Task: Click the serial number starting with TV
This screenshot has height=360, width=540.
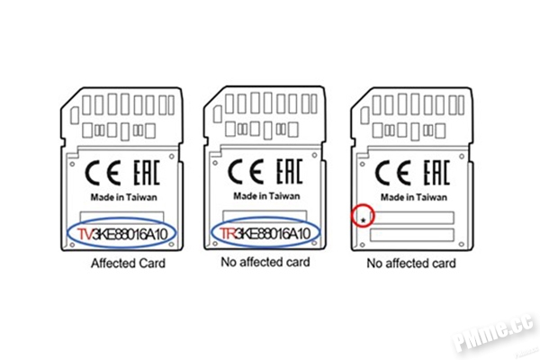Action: coord(122,234)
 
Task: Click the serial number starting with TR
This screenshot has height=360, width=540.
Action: coord(265,234)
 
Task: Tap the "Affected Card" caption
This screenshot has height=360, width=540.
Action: coord(128,264)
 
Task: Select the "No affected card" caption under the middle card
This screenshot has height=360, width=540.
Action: coord(265,262)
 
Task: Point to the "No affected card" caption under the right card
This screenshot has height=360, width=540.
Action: coord(411,264)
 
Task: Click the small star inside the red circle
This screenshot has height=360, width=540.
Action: coord(364,220)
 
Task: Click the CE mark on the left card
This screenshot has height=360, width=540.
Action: coord(103,173)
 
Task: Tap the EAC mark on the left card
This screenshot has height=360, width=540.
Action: coord(147,173)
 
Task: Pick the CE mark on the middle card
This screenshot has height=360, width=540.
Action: coord(246,172)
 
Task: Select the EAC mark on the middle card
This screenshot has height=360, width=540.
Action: coord(289,171)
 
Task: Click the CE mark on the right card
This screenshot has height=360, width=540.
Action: coord(393,173)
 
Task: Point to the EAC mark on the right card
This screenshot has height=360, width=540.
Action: coord(436,173)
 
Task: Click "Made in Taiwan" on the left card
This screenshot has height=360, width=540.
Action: coord(123,197)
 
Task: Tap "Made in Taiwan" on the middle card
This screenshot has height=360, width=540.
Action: coord(266,196)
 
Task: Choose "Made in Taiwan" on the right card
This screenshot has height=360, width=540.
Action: coord(414,197)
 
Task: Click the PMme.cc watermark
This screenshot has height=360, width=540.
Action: coord(494,332)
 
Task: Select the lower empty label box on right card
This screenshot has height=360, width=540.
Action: coord(412,235)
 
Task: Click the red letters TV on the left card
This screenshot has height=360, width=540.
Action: coord(85,234)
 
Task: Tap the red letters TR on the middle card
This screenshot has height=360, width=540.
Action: coord(228,234)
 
